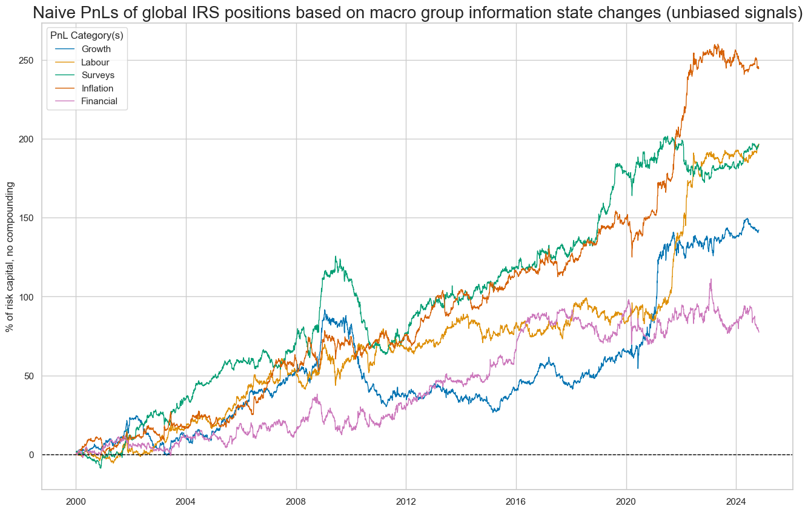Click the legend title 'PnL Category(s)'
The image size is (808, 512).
pyautogui.click(x=87, y=36)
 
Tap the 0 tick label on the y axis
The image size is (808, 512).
pyautogui.click(x=33, y=454)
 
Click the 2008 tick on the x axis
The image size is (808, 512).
pyautogui.click(x=296, y=502)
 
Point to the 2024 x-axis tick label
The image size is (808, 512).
pyautogui.click(x=736, y=502)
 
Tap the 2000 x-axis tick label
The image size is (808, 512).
pyautogui.click(x=76, y=502)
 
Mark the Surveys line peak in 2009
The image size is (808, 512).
pyautogui.click(x=336, y=256)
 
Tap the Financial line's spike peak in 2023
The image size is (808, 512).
pyautogui.click(x=710, y=279)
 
